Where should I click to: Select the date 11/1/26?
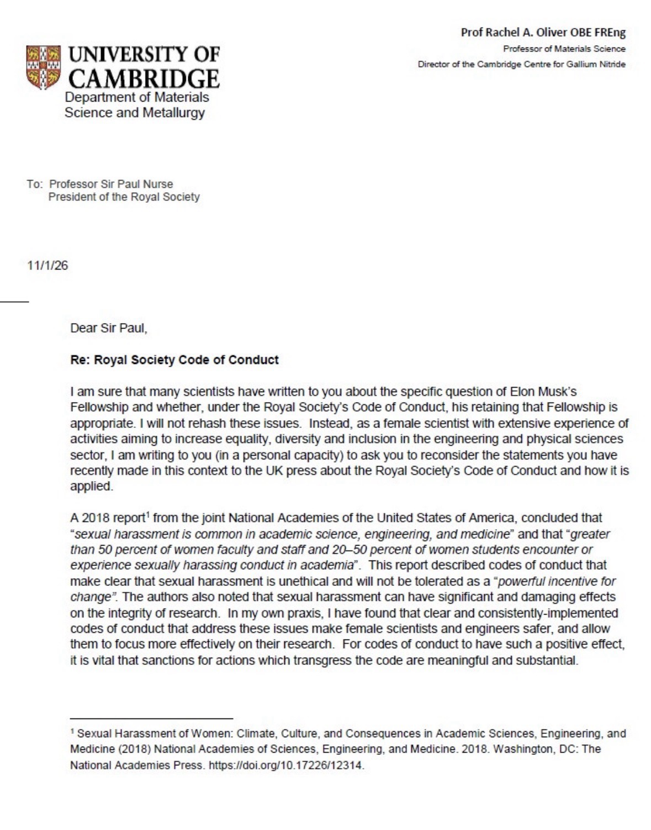pyautogui.click(x=47, y=266)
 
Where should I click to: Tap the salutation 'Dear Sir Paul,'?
pyautogui.click(x=109, y=329)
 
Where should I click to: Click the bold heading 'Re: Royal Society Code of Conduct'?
pyautogui.click(x=174, y=361)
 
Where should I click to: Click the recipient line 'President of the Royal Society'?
pyautogui.click(x=124, y=197)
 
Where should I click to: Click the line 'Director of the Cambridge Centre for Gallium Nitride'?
pyautogui.click(x=521, y=65)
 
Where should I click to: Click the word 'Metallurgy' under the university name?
pyautogui.click(x=176, y=113)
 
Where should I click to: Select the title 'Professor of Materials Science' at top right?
pyautogui.click(x=564, y=49)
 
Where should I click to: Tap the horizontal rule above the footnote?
pyautogui.click(x=151, y=718)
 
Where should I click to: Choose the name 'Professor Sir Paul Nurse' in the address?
pyautogui.click(x=111, y=184)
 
